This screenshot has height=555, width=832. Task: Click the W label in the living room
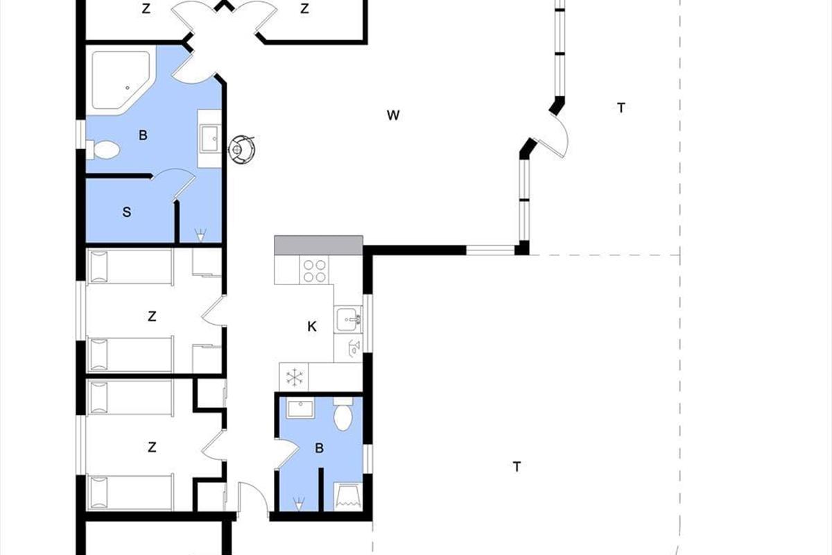[x=393, y=115]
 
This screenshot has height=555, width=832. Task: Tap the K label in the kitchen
[x=312, y=327]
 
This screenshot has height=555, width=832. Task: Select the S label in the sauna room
[x=127, y=212]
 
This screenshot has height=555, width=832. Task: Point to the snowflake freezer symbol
[x=294, y=377]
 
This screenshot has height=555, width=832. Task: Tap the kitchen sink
[x=348, y=319]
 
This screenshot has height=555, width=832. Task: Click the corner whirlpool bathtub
[x=121, y=80]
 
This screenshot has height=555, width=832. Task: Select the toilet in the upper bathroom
[x=103, y=150]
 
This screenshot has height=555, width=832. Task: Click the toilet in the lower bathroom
[x=343, y=414]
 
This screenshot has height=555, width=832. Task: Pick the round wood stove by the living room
[x=242, y=149]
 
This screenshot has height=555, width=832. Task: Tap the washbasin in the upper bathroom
[x=210, y=139]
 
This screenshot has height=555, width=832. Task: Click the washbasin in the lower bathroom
[x=300, y=409]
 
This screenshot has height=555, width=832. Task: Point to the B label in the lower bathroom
[x=319, y=448]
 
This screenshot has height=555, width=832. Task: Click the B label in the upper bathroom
[x=143, y=135]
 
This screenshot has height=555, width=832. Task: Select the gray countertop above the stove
[x=318, y=245]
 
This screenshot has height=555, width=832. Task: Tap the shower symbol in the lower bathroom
[x=299, y=504]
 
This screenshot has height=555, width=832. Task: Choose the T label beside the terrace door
[x=621, y=108]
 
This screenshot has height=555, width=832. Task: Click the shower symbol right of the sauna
[x=200, y=235]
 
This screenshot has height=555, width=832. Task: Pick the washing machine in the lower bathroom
[x=348, y=497]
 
